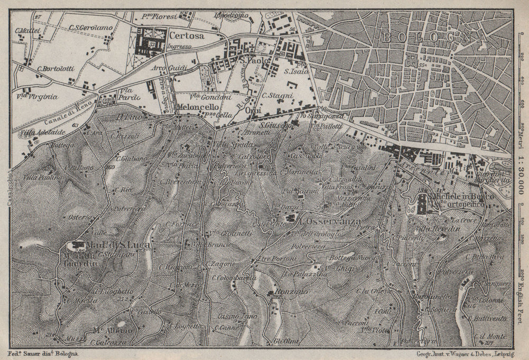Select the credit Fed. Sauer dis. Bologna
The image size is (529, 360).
click(44, 352)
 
